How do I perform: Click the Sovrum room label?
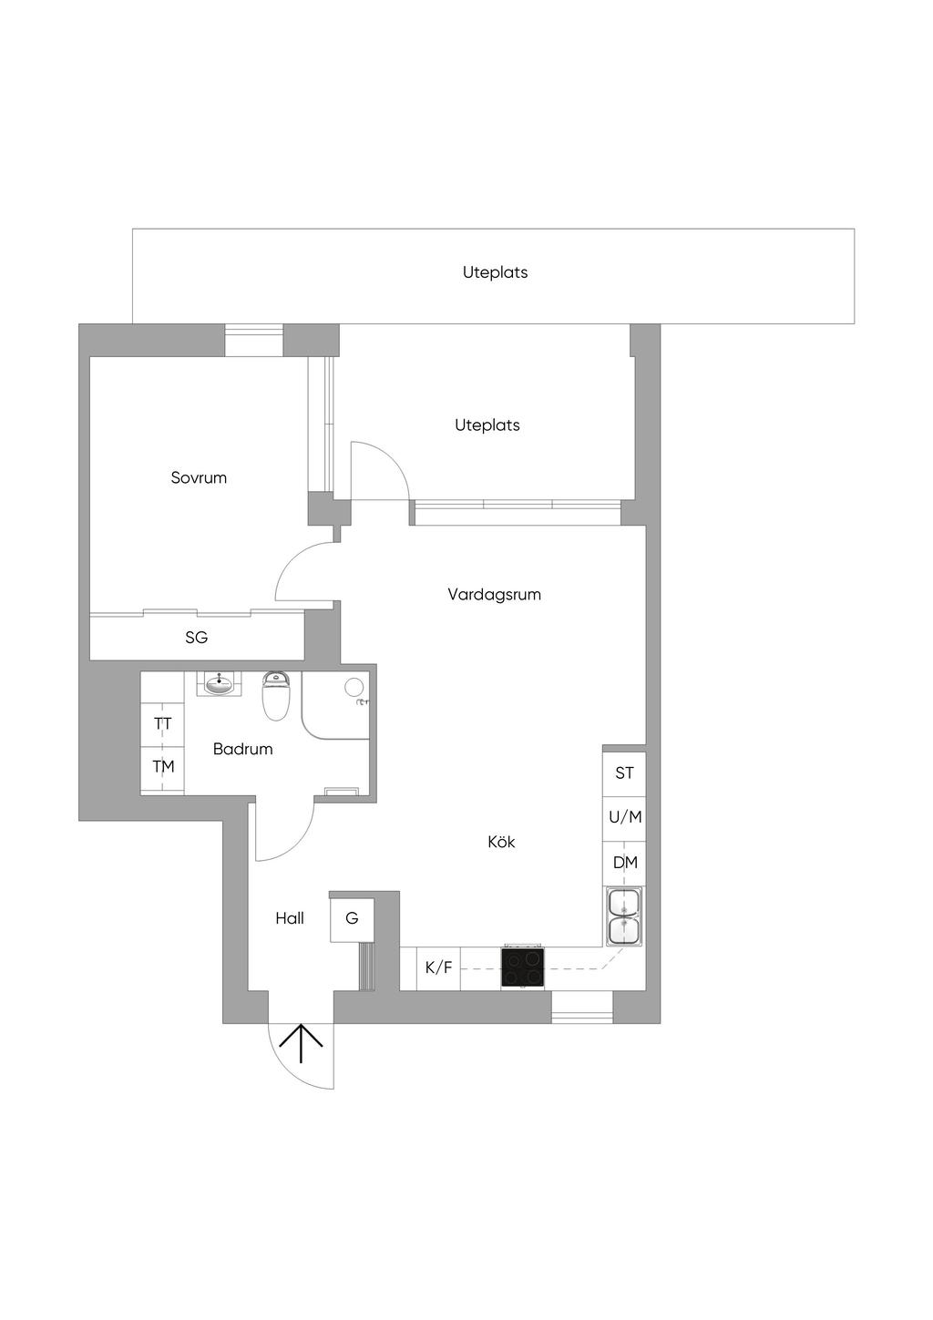(199, 477)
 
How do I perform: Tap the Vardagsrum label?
(494, 594)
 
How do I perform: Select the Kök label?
(501, 842)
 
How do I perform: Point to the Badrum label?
(243, 749)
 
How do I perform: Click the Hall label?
(290, 918)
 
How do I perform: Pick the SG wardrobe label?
(196, 638)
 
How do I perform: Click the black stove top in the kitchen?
(523, 968)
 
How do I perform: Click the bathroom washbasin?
(219, 683)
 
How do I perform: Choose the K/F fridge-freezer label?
(438, 967)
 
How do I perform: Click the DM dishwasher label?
(625, 863)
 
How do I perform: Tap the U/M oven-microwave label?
(625, 817)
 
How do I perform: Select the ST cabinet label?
(624, 773)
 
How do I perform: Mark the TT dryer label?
(163, 723)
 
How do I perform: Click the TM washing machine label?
(163, 766)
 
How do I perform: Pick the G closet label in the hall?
(352, 918)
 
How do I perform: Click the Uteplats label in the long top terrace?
(495, 272)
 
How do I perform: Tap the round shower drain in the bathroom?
(354, 687)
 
